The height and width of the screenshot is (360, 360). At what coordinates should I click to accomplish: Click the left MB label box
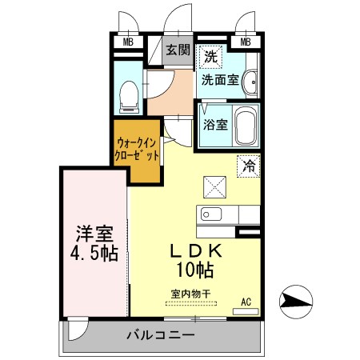coord(127,42)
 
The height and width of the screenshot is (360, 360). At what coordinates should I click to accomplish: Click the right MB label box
coord(246,42)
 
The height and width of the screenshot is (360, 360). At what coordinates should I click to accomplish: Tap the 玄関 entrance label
coord(177,49)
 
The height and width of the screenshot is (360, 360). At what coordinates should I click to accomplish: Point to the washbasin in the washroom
coord(250,80)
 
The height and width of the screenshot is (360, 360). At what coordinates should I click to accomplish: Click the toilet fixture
coord(127,97)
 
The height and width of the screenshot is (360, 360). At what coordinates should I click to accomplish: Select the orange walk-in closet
coord(136,150)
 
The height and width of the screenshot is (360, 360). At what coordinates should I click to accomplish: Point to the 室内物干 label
coord(190,293)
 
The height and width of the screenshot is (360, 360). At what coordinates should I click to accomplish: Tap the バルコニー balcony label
coord(159,334)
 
